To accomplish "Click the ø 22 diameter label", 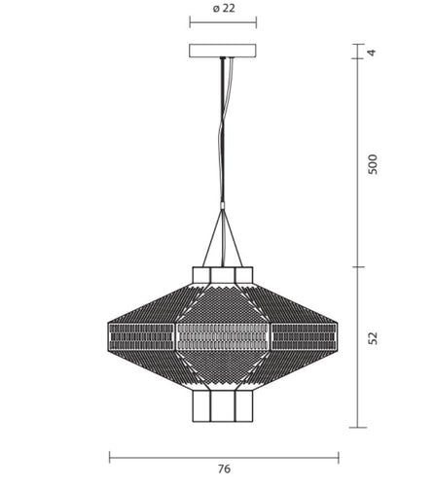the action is click(x=224, y=8).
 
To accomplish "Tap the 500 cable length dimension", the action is click(x=373, y=164).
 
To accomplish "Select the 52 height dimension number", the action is click(x=374, y=338).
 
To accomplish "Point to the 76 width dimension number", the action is click(x=224, y=469).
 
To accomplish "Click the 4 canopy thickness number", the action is click(x=372, y=52).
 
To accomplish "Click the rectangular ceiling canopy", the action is click(x=223, y=51).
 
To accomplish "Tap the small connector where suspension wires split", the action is click(x=223, y=206).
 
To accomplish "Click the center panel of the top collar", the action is click(x=223, y=275).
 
